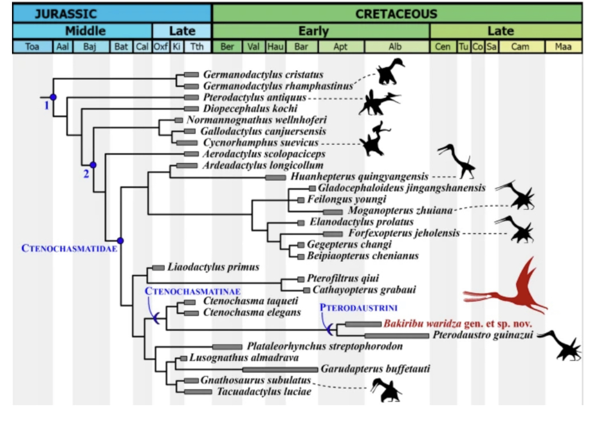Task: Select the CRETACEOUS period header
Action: click(396, 13)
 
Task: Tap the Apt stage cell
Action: click(341, 47)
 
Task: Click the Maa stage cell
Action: click(563, 47)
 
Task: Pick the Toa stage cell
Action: click(33, 47)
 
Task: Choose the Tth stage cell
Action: click(197, 47)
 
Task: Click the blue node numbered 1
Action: click(53, 97)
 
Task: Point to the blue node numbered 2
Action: click(93, 165)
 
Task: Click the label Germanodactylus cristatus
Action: click(263, 75)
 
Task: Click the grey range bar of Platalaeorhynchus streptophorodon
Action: click(226, 346)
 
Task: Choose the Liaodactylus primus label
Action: click(213, 267)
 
